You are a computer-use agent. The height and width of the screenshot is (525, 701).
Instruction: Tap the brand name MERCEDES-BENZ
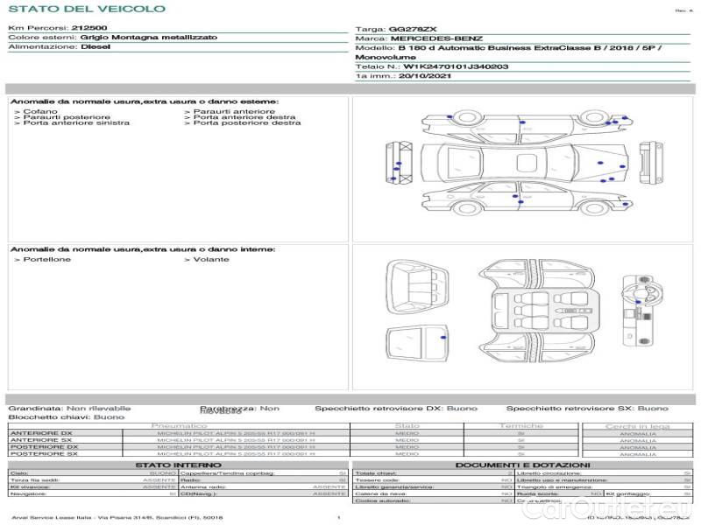coord(436,38)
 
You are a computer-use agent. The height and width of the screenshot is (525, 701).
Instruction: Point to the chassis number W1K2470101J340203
coord(457,66)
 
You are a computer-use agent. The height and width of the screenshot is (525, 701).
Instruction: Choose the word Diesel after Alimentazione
coord(96,47)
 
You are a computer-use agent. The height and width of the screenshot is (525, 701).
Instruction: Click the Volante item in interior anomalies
coord(211,260)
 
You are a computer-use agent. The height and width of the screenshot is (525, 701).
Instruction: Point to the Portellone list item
coord(47,260)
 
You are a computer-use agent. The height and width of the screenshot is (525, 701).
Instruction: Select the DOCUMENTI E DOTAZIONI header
coord(522,465)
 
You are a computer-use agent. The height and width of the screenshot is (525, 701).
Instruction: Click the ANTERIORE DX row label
coord(41,433)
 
